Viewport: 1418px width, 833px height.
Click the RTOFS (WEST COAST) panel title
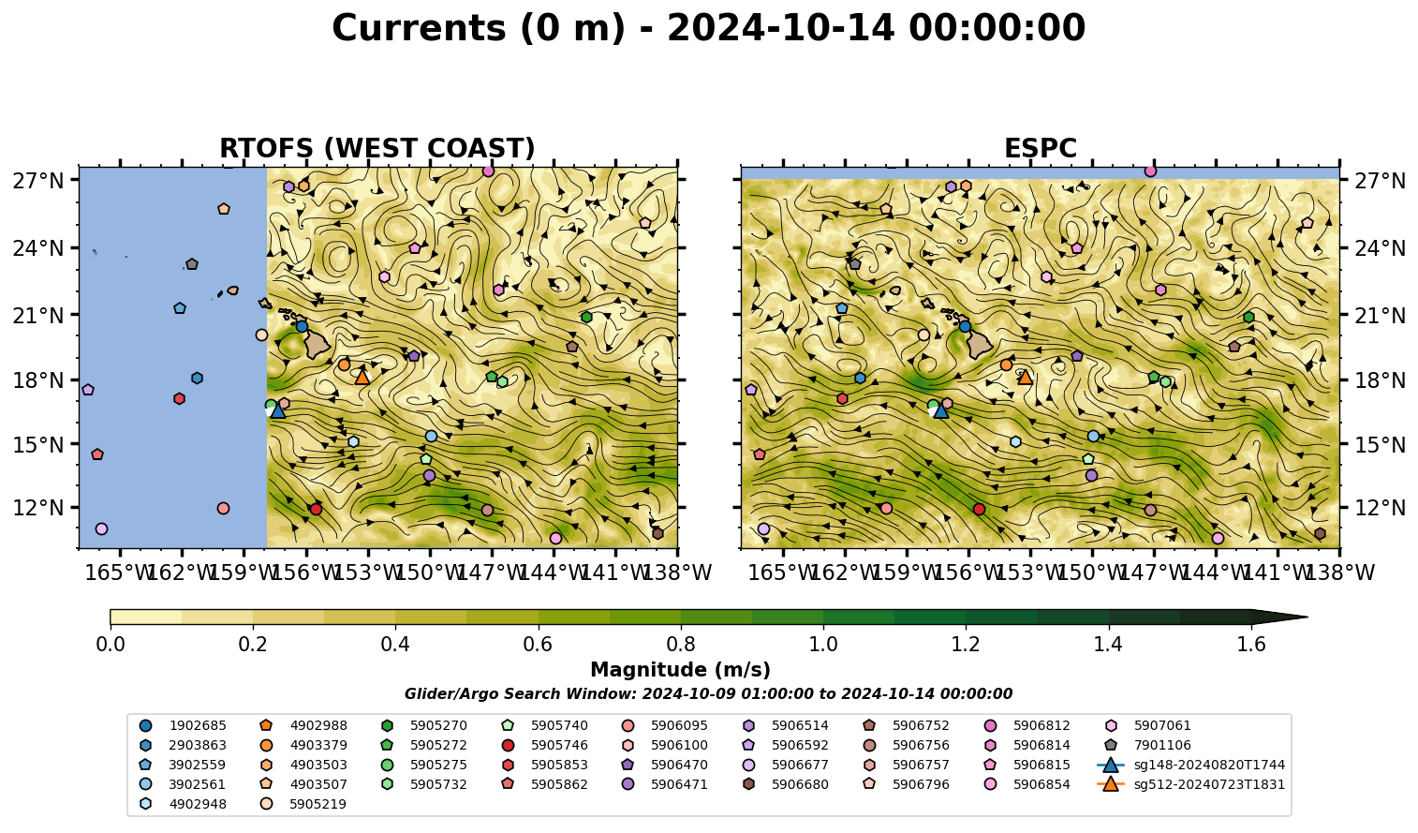[x=377, y=148]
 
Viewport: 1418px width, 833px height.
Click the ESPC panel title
[x=1040, y=148]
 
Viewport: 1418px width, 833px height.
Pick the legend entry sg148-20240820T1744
[x=1190, y=765]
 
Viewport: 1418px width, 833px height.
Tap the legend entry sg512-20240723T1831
[x=1190, y=784]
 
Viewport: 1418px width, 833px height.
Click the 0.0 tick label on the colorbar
[x=111, y=644]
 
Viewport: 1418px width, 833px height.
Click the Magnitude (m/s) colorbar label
[x=680, y=670]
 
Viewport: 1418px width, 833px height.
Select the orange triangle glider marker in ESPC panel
[x=1025, y=377]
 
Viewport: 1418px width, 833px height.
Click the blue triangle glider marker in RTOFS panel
[x=277, y=410]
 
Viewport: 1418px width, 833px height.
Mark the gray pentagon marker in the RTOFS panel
[x=192, y=263]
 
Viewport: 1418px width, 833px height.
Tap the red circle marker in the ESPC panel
[x=979, y=509]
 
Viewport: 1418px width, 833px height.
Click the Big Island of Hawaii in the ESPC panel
[x=980, y=345]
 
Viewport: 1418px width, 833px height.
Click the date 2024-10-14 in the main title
[x=781, y=28]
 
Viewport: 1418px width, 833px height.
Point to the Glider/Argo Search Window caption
[x=708, y=693]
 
